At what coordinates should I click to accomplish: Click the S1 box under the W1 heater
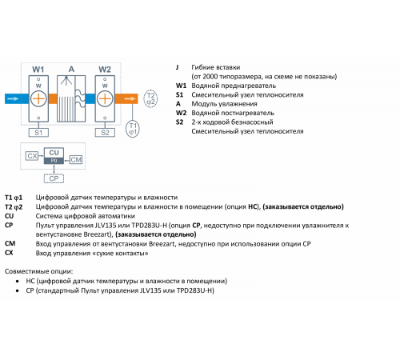point(38,133)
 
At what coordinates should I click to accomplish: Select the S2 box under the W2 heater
point(105,133)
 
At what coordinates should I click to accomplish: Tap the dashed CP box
point(54,178)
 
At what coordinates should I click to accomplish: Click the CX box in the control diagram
point(32,156)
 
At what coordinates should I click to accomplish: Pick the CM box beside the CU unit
point(76,159)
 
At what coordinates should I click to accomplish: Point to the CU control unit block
point(54,156)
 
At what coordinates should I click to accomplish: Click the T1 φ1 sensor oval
point(133,129)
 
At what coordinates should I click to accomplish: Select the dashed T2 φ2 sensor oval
point(150,98)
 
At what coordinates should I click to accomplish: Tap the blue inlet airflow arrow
point(13,98)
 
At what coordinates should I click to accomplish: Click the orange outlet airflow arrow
point(130,98)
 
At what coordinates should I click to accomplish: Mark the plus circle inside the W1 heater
point(38,98)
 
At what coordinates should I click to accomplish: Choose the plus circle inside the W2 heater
point(105,98)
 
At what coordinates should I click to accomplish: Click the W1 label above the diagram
point(38,70)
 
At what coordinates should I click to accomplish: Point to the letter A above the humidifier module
point(71,70)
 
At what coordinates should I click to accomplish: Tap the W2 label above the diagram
point(105,70)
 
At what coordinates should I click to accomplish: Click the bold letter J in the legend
point(177,67)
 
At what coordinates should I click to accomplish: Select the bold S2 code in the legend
point(179,122)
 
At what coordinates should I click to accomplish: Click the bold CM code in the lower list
point(10,243)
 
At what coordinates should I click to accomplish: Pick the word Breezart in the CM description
point(162,244)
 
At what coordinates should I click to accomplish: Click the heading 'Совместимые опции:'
point(38,271)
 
